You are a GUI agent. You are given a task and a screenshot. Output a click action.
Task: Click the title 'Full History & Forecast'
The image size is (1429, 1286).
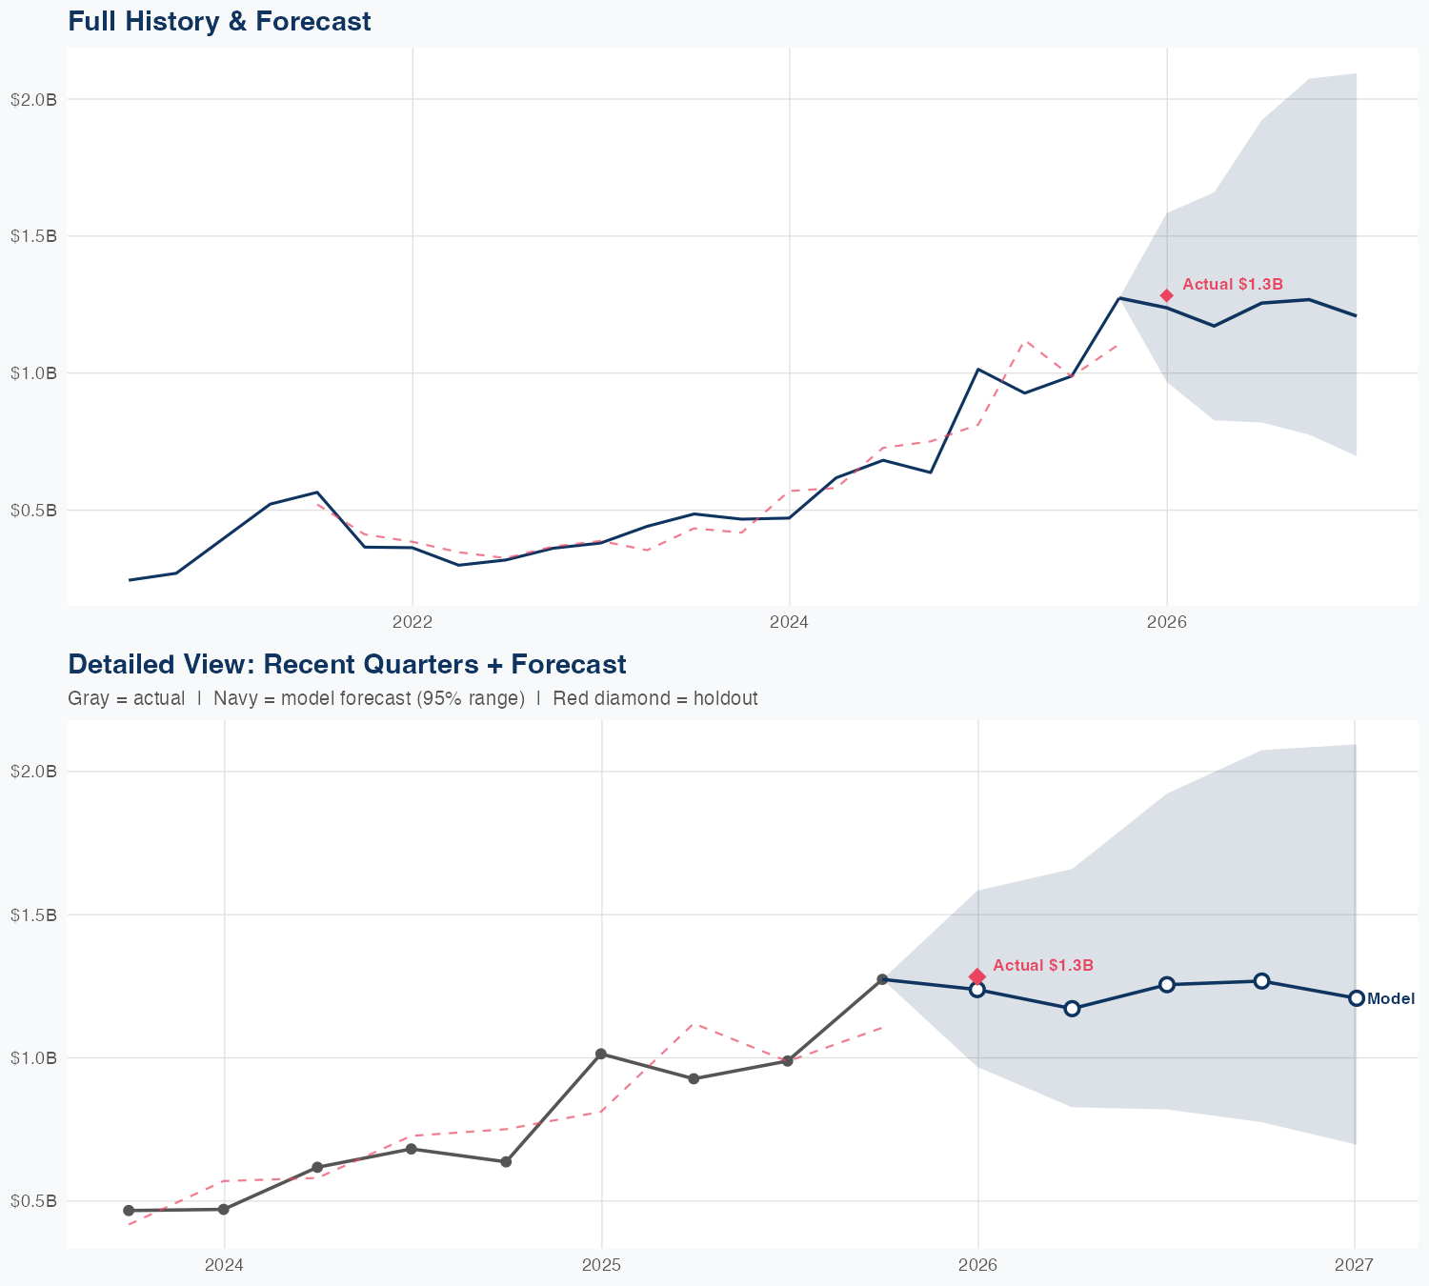(219, 21)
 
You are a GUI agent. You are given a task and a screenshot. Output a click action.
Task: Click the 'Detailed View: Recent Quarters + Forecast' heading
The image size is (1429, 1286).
(347, 664)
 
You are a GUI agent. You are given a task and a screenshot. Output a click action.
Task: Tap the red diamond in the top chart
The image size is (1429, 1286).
(1167, 295)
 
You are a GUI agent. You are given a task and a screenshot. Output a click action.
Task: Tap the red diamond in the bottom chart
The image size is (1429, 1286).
(977, 976)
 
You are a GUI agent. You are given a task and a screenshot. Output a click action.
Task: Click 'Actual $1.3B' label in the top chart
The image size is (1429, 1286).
(1232, 284)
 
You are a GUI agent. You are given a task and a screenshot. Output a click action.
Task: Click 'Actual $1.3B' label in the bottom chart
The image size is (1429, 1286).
(1042, 965)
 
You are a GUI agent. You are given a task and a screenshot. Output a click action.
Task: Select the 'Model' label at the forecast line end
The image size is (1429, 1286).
(1390, 999)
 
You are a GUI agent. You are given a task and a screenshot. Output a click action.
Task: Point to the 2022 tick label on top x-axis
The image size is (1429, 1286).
(413, 623)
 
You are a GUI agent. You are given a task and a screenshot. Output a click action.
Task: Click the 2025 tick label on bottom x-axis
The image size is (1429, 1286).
(601, 1265)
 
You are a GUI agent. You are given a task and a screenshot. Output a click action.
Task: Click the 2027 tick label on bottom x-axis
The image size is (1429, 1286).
(1354, 1265)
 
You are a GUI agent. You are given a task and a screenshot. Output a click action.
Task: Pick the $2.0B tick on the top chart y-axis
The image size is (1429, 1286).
(33, 99)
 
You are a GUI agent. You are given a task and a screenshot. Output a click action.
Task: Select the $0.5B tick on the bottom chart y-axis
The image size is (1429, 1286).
(33, 1201)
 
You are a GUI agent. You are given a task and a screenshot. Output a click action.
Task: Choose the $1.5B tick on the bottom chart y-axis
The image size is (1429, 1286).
(33, 914)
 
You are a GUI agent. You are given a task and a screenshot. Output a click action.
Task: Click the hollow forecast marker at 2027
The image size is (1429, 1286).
(1356, 998)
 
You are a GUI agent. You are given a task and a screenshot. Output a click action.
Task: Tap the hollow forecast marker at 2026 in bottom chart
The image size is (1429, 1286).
(977, 990)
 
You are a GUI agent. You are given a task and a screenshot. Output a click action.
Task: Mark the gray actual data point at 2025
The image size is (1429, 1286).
(601, 1054)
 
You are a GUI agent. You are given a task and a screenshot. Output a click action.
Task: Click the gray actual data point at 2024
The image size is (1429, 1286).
(224, 1210)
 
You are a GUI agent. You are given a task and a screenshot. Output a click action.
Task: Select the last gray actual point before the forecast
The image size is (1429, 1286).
(883, 979)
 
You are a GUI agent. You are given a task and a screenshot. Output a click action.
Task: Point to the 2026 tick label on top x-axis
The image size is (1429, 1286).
(1167, 623)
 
